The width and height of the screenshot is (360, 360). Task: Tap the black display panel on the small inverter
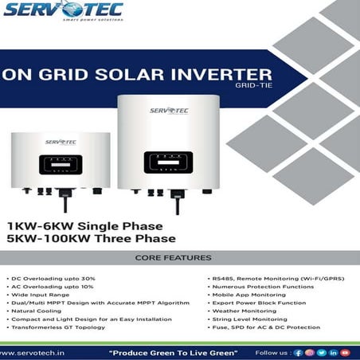click(60, 166)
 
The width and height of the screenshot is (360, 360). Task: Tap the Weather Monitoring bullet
click(240, 311)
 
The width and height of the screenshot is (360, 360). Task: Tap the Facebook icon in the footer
click(298, 351)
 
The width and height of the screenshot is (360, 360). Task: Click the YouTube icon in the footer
click(345, 351)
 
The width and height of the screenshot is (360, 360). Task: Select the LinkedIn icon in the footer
click(333, 351)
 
